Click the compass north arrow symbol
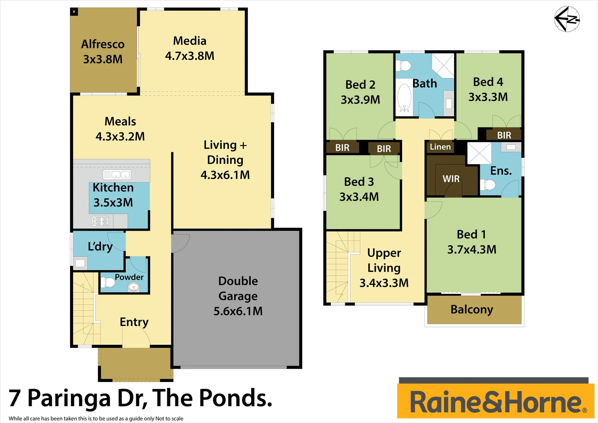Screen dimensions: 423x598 click(x=567, y=18)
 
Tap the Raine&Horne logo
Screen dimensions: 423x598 click(x=496, y=402)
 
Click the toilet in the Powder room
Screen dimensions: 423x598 click(x=107, y=282)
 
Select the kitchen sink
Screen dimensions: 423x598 click(x=117, y=174)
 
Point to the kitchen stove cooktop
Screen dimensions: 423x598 click(x=100, y=221)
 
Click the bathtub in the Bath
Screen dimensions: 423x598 click(x=405, y=98)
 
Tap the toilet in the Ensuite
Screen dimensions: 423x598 click(x=488, y=184)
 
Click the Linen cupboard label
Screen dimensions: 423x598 click(x=440, y=147)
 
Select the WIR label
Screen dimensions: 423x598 click(x=451, y=179)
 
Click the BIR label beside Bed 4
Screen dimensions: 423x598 click(x=504, y=136)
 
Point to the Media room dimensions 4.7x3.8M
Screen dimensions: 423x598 click(x=190, y=56)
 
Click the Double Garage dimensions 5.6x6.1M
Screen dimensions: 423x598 click(x=238, y=311)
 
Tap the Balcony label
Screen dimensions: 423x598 click(x=472, y=309)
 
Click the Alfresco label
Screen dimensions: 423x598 click(x=103, y=44)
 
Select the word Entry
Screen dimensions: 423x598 click(x=134, y=322)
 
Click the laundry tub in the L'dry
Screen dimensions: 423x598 click(x=80, y=263)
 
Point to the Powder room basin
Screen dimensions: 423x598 click(x=134, y=287)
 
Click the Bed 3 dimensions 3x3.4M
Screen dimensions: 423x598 click(x=359, y=197)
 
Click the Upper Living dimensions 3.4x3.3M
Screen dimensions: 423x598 click(x=384, y=283)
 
